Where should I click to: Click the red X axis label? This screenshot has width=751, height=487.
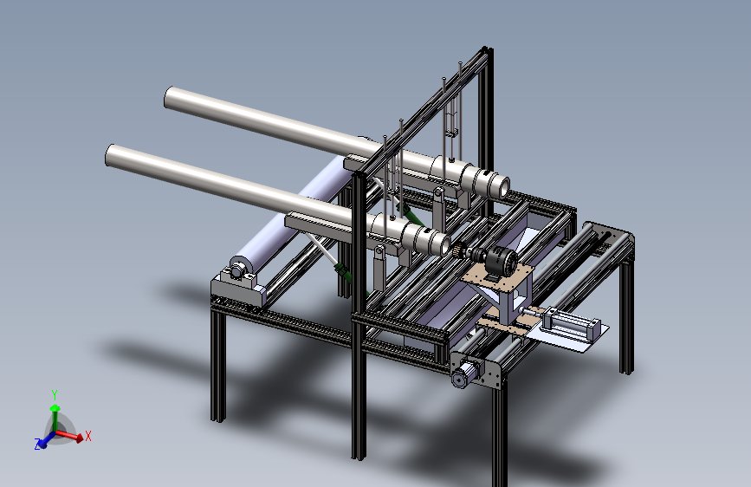point(87,436)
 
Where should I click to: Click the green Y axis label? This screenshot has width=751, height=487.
point(55,395)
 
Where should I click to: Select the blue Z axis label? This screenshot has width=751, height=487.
point(37,445)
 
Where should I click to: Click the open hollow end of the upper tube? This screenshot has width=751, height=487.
point(502,187)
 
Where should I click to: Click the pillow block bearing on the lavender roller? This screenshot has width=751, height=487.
point(239,270)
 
